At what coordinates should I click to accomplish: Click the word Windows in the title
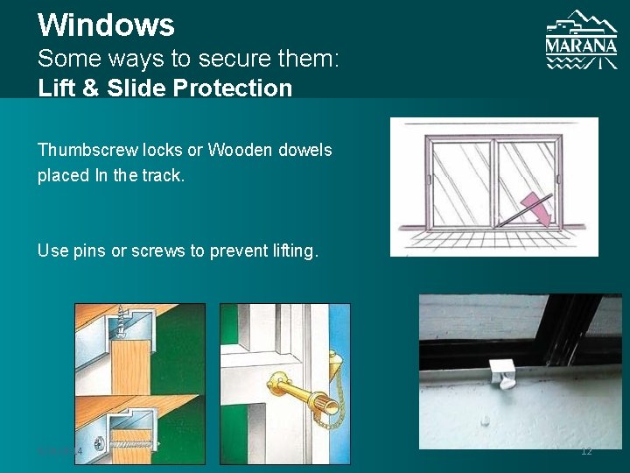(x=106, y=25)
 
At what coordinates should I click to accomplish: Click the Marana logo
(x=581, y=40)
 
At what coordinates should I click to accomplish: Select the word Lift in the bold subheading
(x=55, y=88)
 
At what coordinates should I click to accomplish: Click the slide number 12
(x=586, y=451)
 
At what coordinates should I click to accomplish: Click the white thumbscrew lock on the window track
(x=501, y=372)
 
